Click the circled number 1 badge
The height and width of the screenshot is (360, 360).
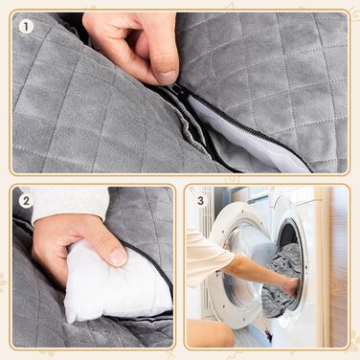tap(26, 27)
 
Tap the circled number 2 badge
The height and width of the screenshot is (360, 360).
tap(26, 201)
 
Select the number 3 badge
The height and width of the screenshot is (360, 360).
tap(200, 201)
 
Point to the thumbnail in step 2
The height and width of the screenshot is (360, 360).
tap(119, 257)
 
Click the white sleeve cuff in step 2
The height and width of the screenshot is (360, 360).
tap(69, 203)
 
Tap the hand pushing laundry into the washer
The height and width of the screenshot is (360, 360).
tap(291, 285)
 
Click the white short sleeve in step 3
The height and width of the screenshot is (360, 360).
tap(208, 256)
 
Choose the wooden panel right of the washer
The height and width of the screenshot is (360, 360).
tap(339, 266)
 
